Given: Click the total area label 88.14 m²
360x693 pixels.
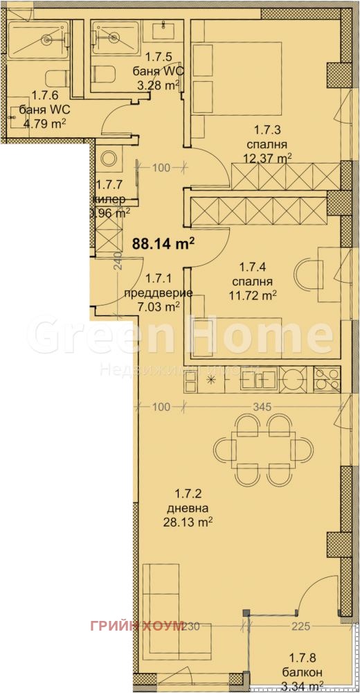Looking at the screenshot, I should tap(163, 243).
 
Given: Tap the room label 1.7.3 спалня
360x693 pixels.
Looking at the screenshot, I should tap(267, 137).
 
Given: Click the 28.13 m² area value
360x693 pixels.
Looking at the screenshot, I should tap(193, 521).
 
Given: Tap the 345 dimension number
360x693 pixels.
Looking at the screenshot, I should tap(261, 407).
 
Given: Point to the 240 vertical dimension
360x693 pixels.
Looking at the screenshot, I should tap(118, 261).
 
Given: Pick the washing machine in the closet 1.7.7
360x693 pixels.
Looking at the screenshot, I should tap(109, 159).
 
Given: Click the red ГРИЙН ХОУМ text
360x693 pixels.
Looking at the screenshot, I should tap(136, 626).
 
